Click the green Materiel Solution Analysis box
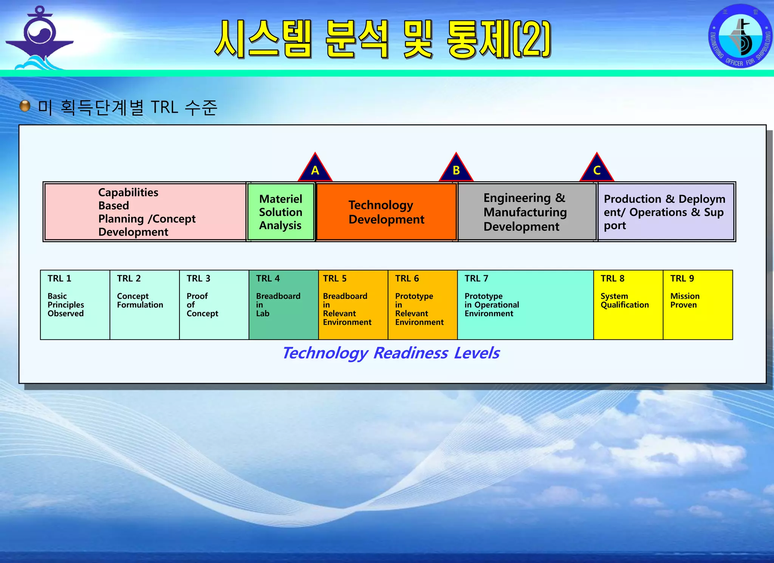pyautogui.click(x=281, y=212)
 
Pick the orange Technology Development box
pyautogui.click(x=386, y=212)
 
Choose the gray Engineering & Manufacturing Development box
pyautogui.click(x=527, y=212)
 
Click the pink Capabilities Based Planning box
pyautogui.click(x=145, y=212)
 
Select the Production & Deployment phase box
pyautogui.click(x=666, y=212)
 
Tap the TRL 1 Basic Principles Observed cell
pyautogui.click(x=75, y=305)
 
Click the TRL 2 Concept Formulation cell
pyautogui.click(x=144, y=305)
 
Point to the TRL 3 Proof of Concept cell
pyautogui.click(x=214, y=305)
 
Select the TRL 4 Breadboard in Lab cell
pyautogui.click(x=283, y=305)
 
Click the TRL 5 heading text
pyautogui.click(x=335, y=279)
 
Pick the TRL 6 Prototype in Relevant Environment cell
pyautogui.click(x=423, y=305)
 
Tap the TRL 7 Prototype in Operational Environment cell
pyautogui.click(x=525, y=305)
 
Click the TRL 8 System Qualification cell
pyautogui.click(x=628, y=305)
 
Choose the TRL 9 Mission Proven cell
pyautogui.click(x=698, y=305)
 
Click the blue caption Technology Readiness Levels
pyautogui.click(x=391, y=353)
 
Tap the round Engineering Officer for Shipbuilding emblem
pyautogui.click(x=740, y=36)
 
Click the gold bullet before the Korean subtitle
pyautogui.click(x=25, y=106)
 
